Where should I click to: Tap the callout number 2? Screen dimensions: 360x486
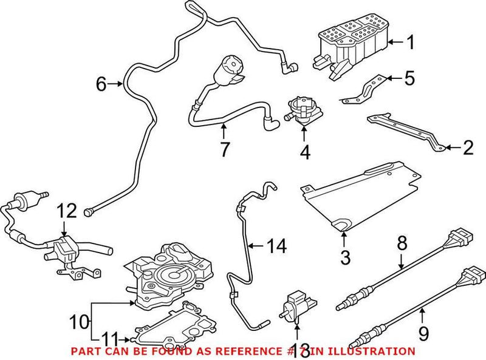[x=468, y=147]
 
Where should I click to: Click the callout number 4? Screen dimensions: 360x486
[x=305, y=153]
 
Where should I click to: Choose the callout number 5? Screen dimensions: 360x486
[x=409, y=78]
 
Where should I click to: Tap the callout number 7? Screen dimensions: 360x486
[x=225, y=149]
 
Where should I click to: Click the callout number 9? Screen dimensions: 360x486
[x=423, y=333]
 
